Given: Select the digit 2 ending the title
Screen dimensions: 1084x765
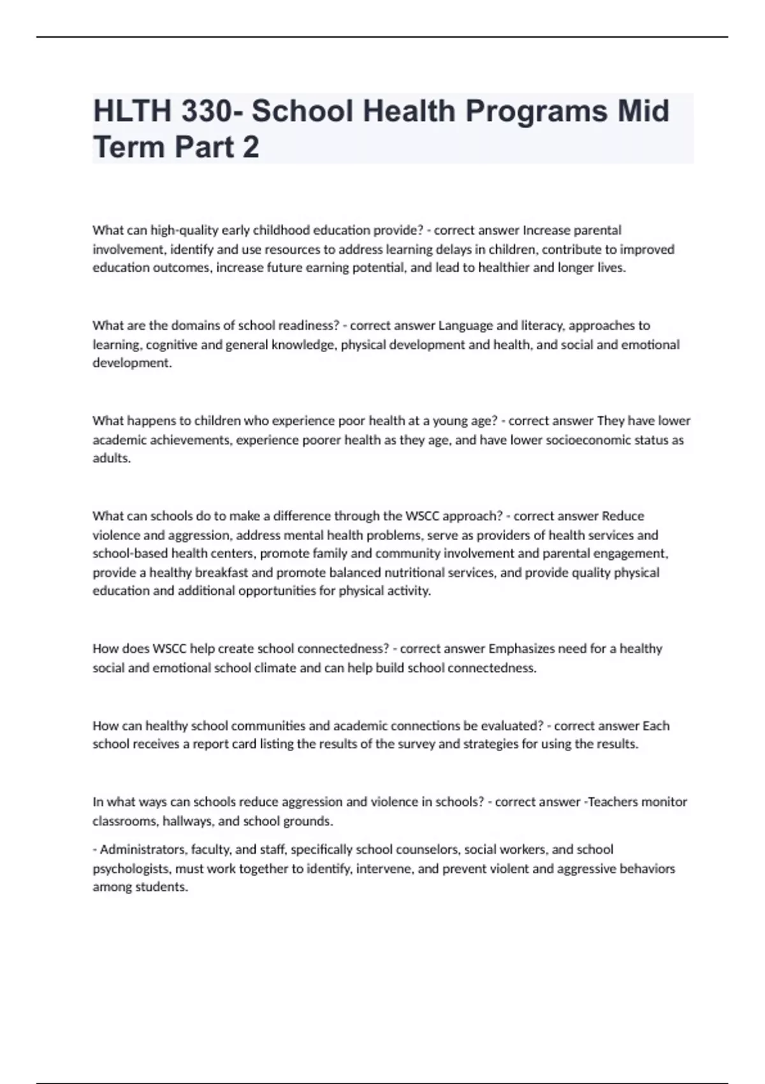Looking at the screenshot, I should [x=251, y=147].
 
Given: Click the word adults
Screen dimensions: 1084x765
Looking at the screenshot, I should [x=112, y=458].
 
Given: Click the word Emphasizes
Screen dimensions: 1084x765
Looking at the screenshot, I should [x=521, y=648].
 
